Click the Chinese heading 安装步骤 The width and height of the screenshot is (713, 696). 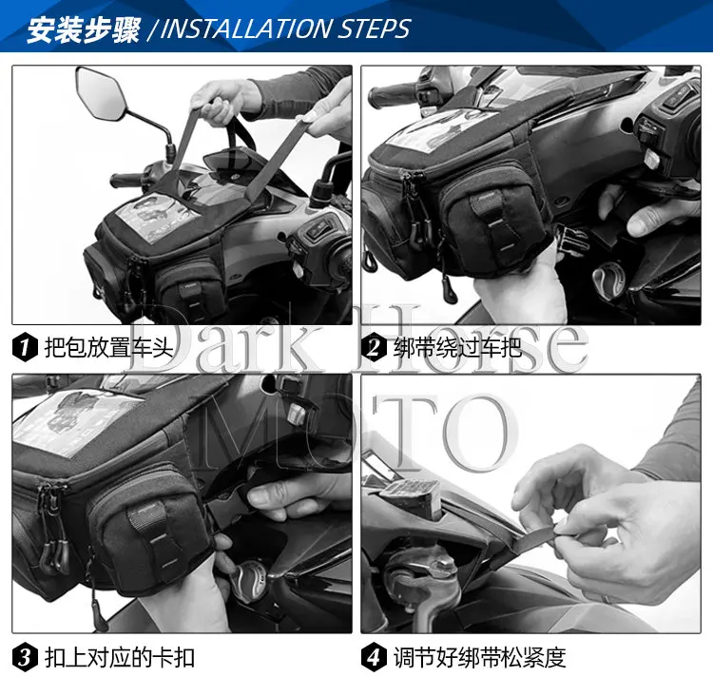click(x=84, y=30)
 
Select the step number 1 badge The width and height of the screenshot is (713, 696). click(x=25, y=348)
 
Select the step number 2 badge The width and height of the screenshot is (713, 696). click(x=374, y=348)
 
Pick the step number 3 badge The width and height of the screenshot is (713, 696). click(x=25, y=657)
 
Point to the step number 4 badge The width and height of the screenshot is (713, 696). click(x=374, y=657)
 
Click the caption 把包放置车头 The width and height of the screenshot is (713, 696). click(x=109, y=348)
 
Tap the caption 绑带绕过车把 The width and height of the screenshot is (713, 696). click(x=458, y=348)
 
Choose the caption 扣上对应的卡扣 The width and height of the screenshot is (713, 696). click(x=120, y=658)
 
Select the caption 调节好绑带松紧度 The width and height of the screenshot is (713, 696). click(x=480, y=658)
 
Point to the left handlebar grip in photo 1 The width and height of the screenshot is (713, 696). click(x=126, y=180)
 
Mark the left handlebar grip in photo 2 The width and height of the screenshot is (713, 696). click(x=392, y=95)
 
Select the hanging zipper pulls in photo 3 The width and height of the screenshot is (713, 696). click(x=51, y=533)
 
